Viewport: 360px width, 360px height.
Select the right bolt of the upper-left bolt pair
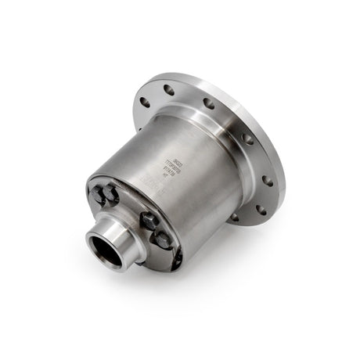click(111, 195)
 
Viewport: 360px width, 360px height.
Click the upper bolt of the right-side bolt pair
click(149, 221)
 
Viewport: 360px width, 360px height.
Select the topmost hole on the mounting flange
click(169, 90)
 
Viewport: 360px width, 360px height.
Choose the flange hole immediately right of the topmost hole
click(208, 103)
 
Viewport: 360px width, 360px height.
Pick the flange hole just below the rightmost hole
click(260, 209)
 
